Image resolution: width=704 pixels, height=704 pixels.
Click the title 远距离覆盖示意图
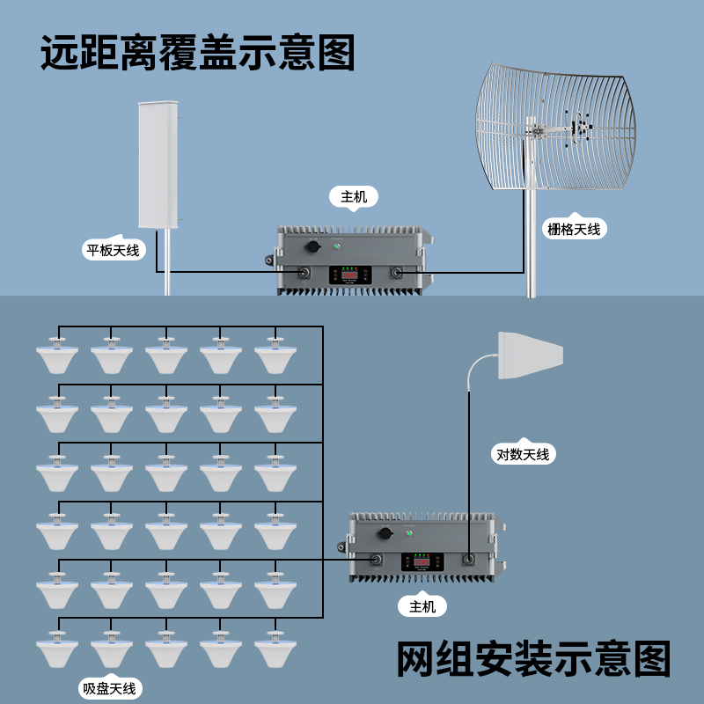[x=198, y=53]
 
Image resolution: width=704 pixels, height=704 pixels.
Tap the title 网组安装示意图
[x=533, y=659]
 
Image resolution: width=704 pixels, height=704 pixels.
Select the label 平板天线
[x=112, y=250]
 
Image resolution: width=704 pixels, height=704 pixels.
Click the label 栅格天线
[x=573, y=229]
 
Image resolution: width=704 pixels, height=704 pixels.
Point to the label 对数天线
[x=523, y=454]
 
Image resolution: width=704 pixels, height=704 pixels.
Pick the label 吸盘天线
[x=109, y=688]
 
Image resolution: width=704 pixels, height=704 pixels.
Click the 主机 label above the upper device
[x=354, y=196]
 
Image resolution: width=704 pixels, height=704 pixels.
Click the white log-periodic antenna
[x=531, y=355]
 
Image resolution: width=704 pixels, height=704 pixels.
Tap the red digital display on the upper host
[x=349, y=275]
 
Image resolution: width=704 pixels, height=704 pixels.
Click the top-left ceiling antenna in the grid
[x=58, y=357]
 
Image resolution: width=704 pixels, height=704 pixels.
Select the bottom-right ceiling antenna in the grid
[x=276, y=650]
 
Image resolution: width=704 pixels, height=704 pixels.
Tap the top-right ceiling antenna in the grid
[x=276, y=357]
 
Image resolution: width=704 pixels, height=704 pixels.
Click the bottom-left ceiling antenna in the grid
[x=58, y=650]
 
